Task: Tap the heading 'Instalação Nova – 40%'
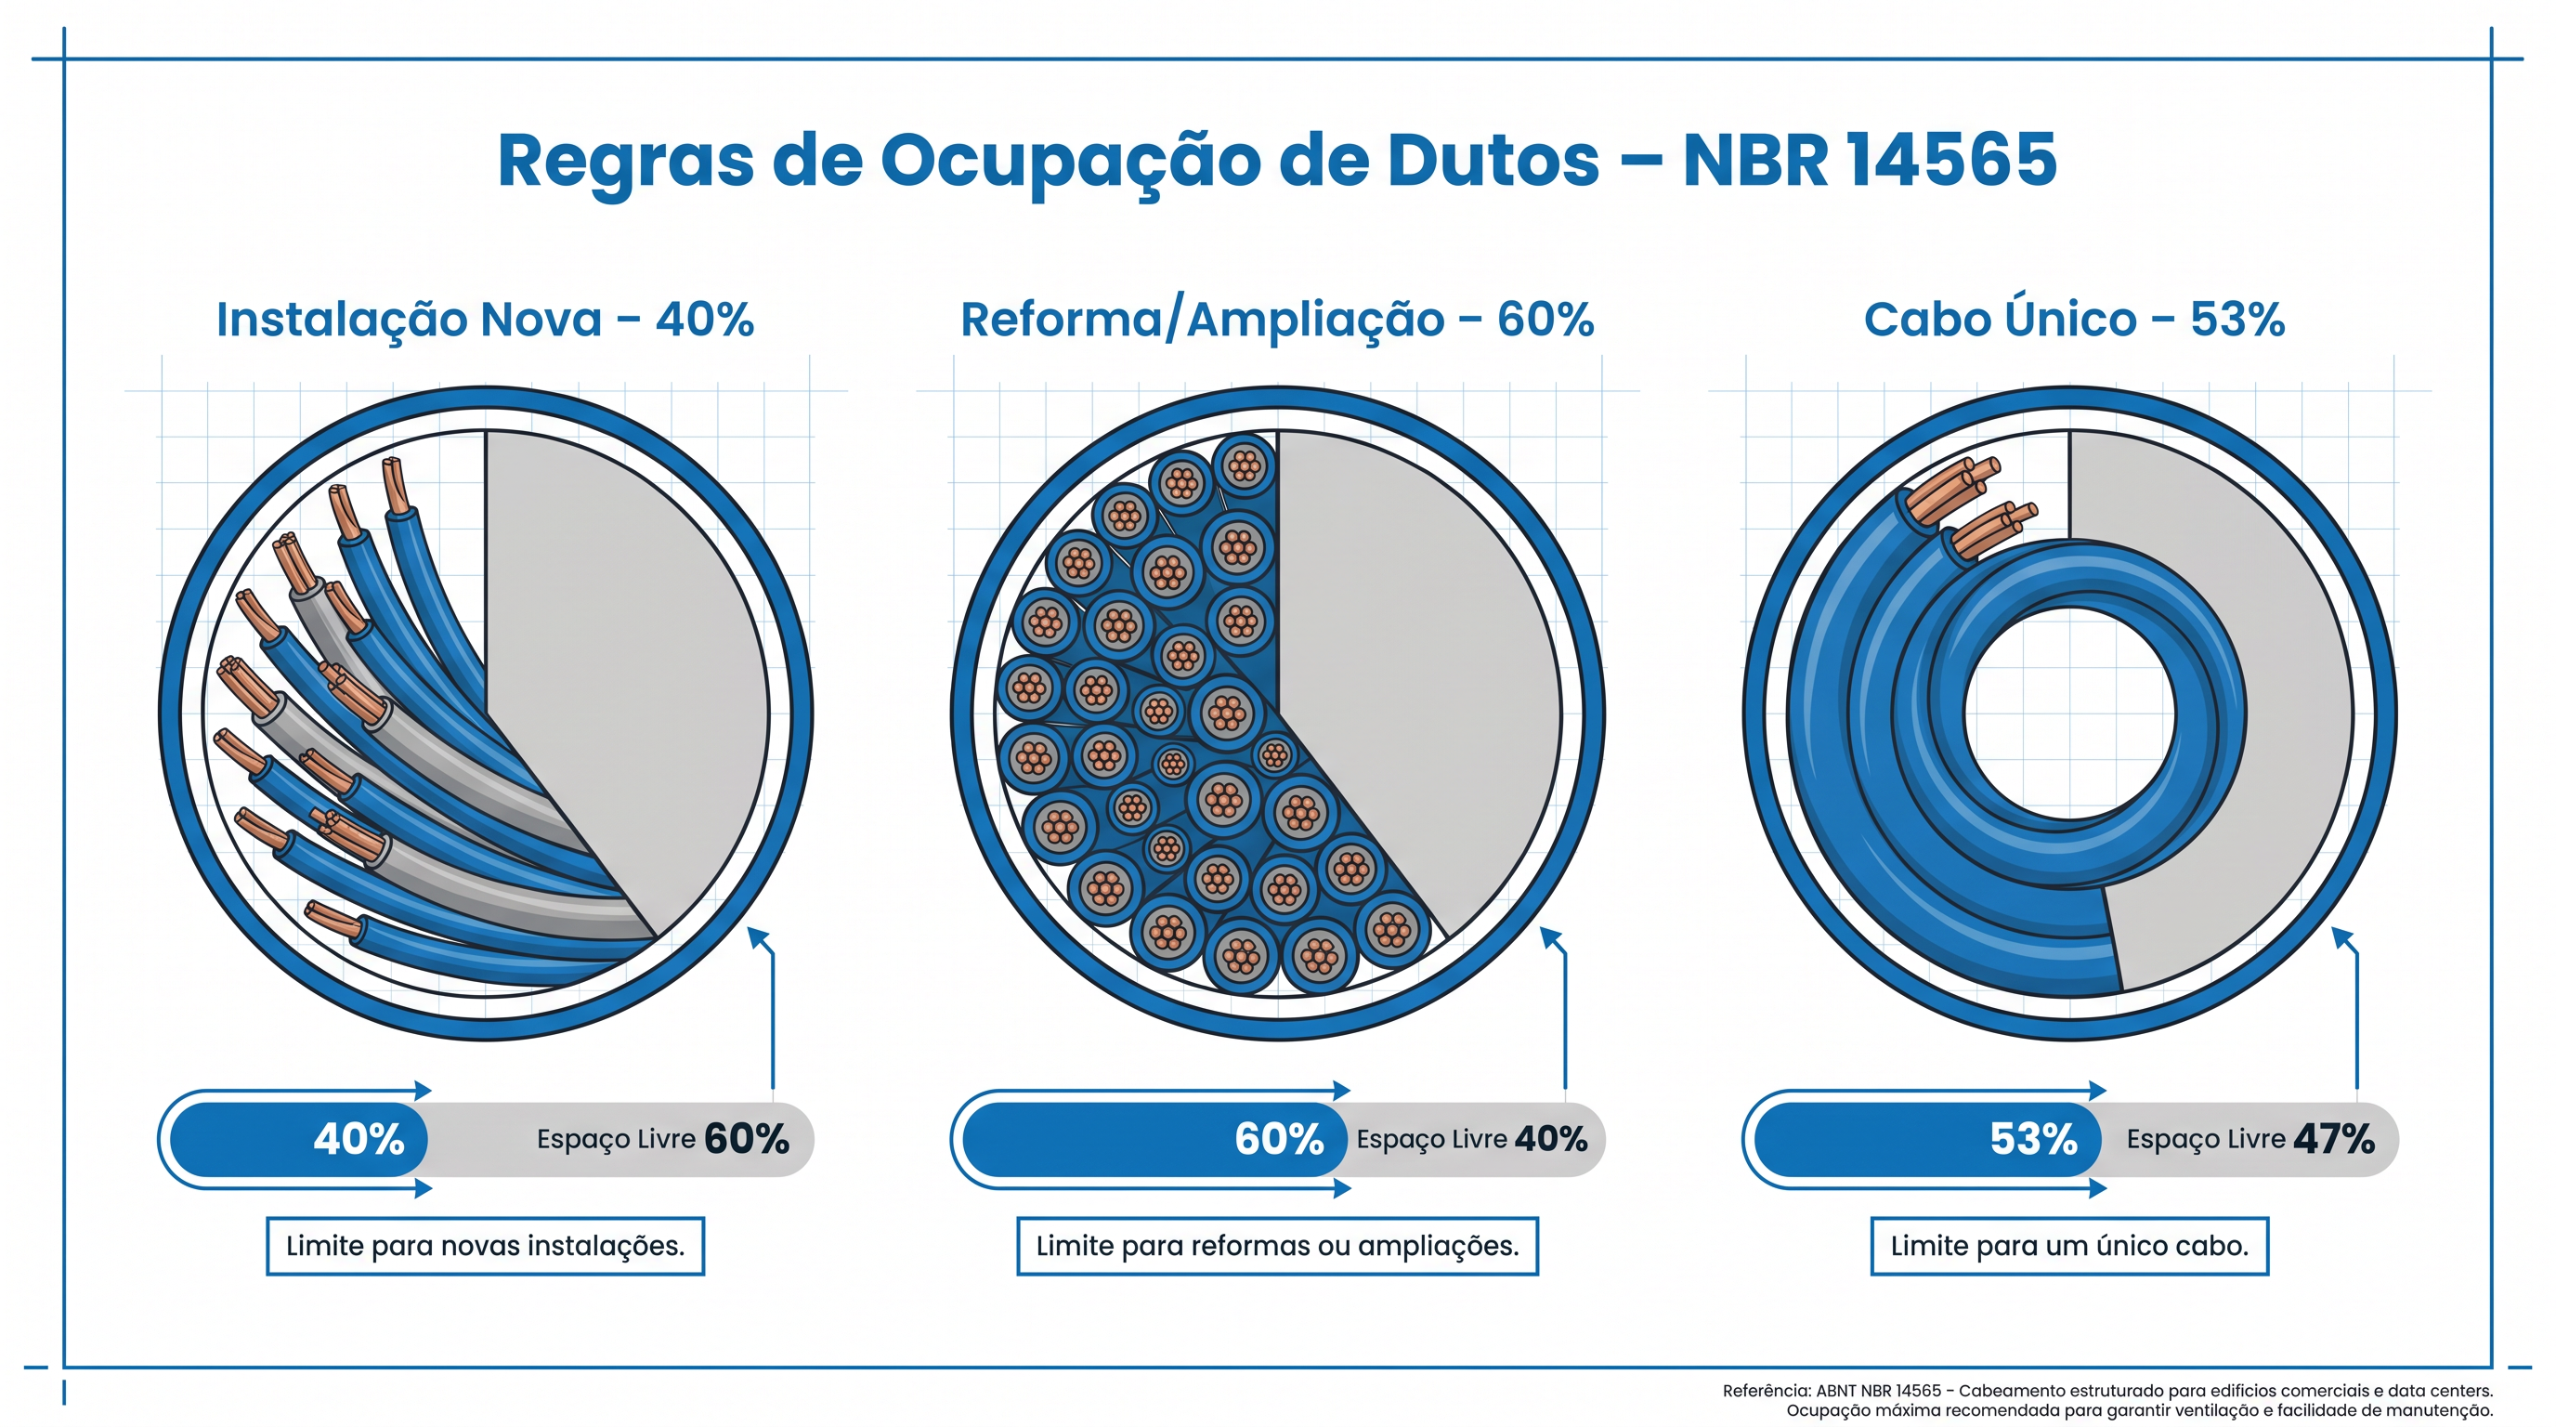(485, 320)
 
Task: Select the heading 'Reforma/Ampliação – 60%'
(1277, 320)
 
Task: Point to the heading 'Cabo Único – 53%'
(2074, 320)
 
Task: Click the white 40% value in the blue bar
(359, 1139)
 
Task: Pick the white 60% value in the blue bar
(1279, 1139)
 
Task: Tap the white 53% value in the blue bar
(2033, 1139)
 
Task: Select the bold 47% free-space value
(2334, 1139)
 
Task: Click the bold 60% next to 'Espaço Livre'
(746, 1139)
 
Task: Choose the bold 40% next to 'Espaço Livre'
(1551, 1139)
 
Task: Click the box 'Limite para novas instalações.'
(485, 1247)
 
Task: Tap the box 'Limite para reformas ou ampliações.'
(1277, 1247)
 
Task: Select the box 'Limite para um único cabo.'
(2068, 1247)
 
